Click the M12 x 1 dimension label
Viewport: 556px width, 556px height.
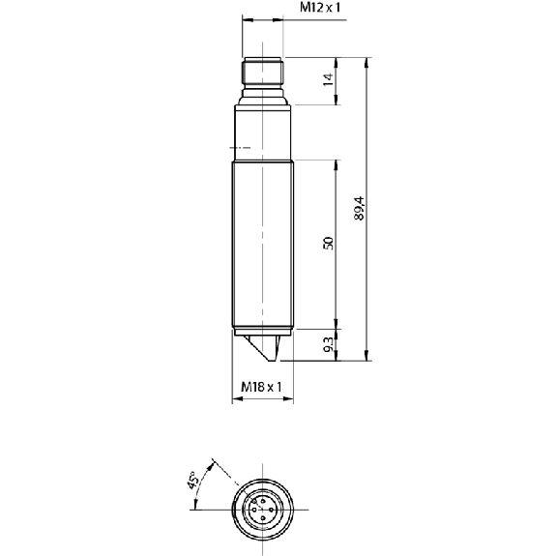320,8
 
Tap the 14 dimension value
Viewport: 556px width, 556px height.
329,79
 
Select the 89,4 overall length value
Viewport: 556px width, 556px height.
359,208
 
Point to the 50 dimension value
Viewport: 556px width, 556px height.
329,244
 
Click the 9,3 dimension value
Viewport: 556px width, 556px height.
329,344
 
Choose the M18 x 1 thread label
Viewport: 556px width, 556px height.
261,387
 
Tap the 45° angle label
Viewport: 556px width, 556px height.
193,481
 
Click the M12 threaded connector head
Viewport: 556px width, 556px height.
263,73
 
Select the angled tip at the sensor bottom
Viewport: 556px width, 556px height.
262,348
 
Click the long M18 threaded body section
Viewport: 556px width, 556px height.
263,244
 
